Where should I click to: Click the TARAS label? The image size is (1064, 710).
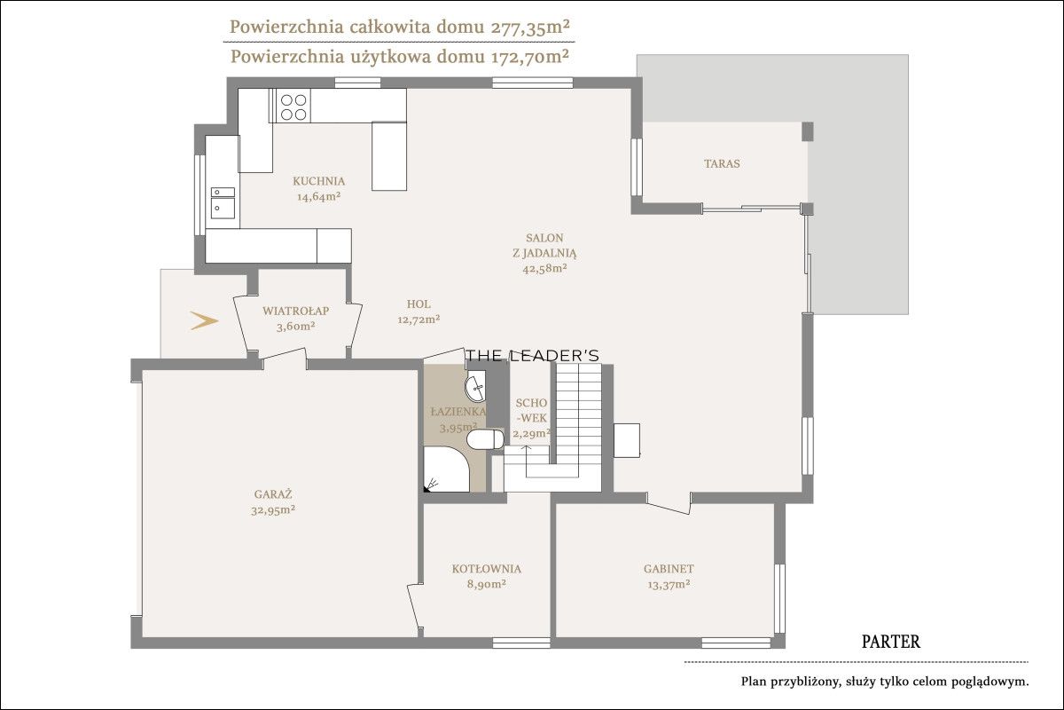[722, 163]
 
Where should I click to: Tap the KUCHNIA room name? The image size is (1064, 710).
[318, 181]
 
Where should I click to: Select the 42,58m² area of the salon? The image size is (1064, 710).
[544, 268]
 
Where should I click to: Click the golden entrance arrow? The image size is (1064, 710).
[204, 320]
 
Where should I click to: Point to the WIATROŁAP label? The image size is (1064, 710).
[296, 311]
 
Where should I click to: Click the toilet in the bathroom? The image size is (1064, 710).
[485, 439]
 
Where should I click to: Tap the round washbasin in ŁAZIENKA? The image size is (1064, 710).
[475, 388]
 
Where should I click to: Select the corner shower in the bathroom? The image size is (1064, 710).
[447, 469]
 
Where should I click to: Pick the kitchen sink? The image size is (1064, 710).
[223, 203]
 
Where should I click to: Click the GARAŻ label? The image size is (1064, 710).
[273, 494]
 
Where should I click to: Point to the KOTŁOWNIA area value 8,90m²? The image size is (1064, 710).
[486, 584]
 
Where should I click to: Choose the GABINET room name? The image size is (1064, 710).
[669, 569]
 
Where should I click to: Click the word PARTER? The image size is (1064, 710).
[890, 642]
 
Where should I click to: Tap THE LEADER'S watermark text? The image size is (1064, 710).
[533, 355]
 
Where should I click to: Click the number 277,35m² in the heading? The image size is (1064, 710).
[529, 28]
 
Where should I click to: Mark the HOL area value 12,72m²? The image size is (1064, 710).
[419, 319]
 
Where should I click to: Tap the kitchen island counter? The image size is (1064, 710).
[389, 156]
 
